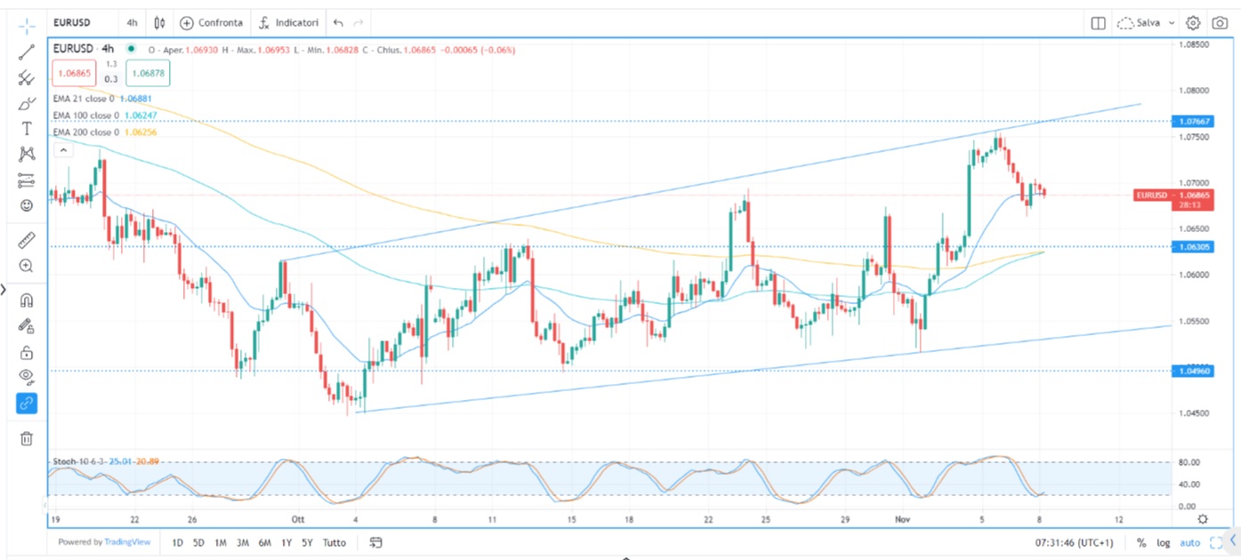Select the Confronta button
point(212,23)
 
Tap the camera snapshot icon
point(1220,23)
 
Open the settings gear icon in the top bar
point(1193,23)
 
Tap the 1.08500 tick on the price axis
point(1193,44)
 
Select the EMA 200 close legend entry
point(86,132)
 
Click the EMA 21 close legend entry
point(84,99)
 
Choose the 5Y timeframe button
point(307,542)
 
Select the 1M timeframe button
point(220,542)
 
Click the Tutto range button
point(334,542)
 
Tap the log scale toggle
point(1164,542)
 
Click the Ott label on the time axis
point(297,519)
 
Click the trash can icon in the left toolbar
point(27,438)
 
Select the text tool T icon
point(27,129)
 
